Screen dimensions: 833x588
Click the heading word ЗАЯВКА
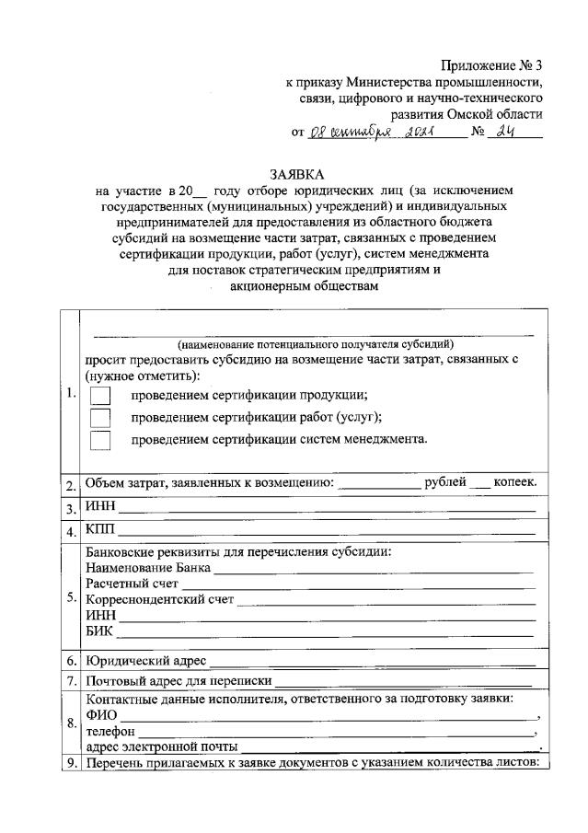pos(297,173)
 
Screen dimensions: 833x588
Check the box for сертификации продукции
pos(100,396)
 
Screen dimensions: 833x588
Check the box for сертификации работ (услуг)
pos(100,418)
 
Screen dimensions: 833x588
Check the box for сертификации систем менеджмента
pos(100,440)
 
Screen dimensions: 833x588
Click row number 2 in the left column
pos(70,485)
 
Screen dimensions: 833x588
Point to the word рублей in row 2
pos(445,482)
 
